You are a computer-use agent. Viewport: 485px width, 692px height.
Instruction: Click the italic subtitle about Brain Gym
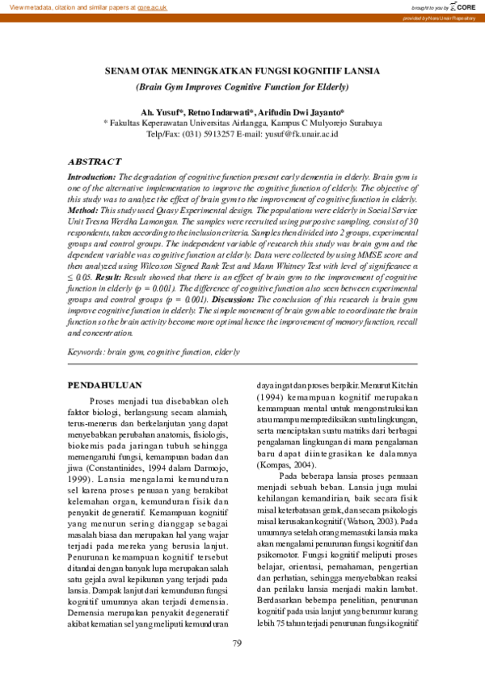click(x=242, y=86)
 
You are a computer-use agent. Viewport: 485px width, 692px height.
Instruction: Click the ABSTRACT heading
click(x=94, y=161)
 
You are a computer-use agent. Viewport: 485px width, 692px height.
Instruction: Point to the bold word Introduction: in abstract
click(x=91, y=176)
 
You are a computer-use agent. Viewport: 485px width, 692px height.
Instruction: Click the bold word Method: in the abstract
click(x=83, y=208)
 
